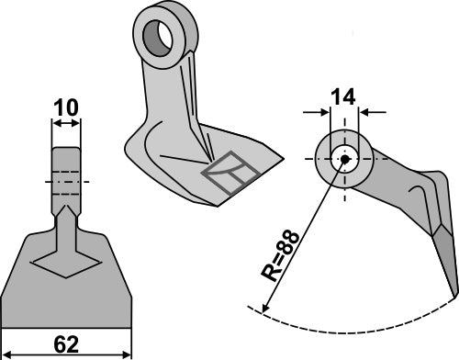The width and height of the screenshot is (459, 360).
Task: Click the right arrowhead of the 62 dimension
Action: pyautogui.click(x=129, y=350)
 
